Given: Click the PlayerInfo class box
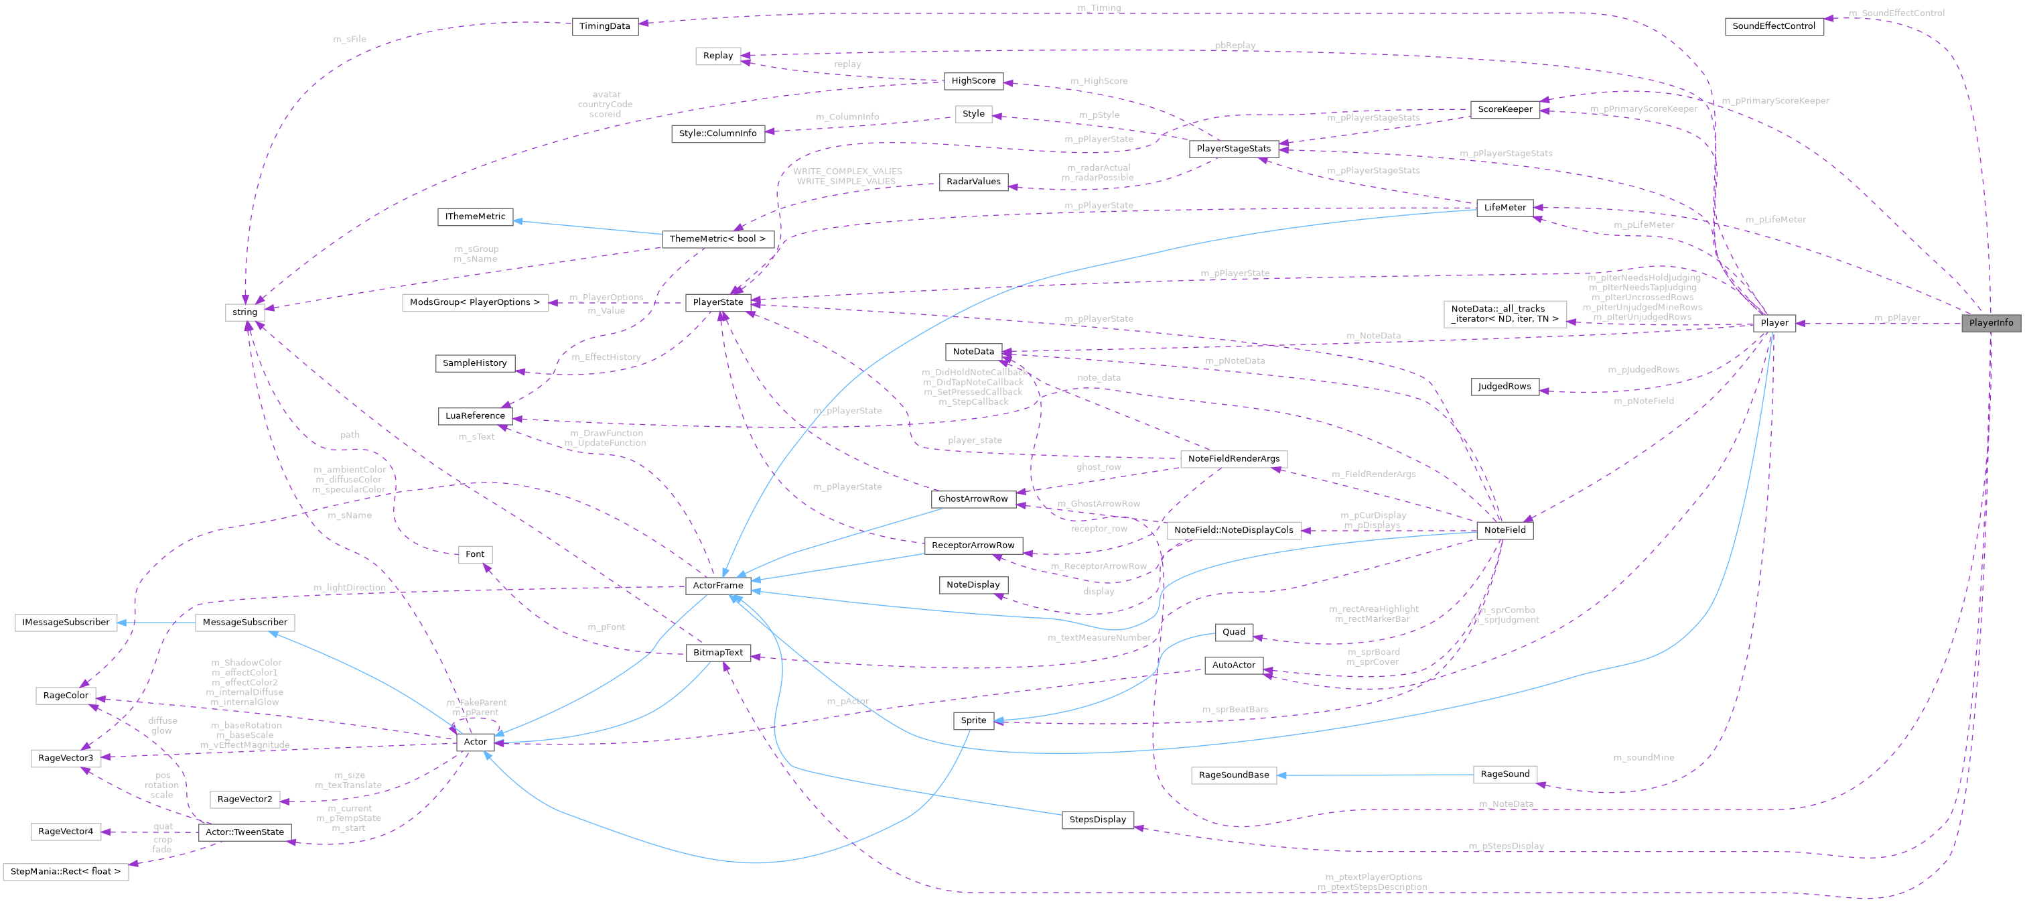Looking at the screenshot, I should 1990,323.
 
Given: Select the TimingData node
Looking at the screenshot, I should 604,26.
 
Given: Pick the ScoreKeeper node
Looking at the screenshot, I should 1505,109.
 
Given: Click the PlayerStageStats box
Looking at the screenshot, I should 1233,149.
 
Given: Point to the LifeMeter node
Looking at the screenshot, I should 1505,208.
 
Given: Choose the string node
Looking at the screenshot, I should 245,312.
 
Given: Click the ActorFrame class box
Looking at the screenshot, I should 717,585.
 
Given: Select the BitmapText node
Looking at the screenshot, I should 717,653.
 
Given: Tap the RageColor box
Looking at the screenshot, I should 66,695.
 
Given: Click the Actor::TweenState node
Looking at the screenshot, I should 245,832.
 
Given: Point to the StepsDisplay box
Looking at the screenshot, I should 1097,820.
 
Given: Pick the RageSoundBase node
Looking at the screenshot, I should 1233,775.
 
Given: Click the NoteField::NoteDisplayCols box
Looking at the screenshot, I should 1233,530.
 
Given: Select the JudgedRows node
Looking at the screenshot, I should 1504,386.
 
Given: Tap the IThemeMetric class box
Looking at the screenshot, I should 476,216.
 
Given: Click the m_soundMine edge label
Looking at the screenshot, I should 1643,757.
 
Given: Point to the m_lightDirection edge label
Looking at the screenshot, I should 349,588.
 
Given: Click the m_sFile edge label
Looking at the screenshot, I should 350,39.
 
